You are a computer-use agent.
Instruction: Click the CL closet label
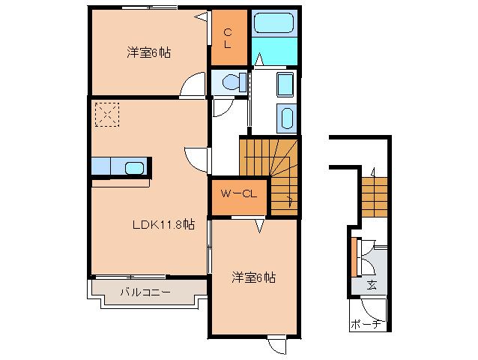point(229,37)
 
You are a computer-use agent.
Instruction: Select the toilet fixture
point(232,82)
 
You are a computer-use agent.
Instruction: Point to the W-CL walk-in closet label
point(239,193)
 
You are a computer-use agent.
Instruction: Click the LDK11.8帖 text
point(163,223)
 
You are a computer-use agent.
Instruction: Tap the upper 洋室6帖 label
point(148,52)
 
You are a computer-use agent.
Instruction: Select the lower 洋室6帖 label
point(252,277)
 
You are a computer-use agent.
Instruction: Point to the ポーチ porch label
point(367,324)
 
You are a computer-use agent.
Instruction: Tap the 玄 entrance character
point(372,285)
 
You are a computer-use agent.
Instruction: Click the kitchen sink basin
point(135,167)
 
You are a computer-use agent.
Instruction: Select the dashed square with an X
point(106,115)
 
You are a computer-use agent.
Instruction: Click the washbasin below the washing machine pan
point(286,118)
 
